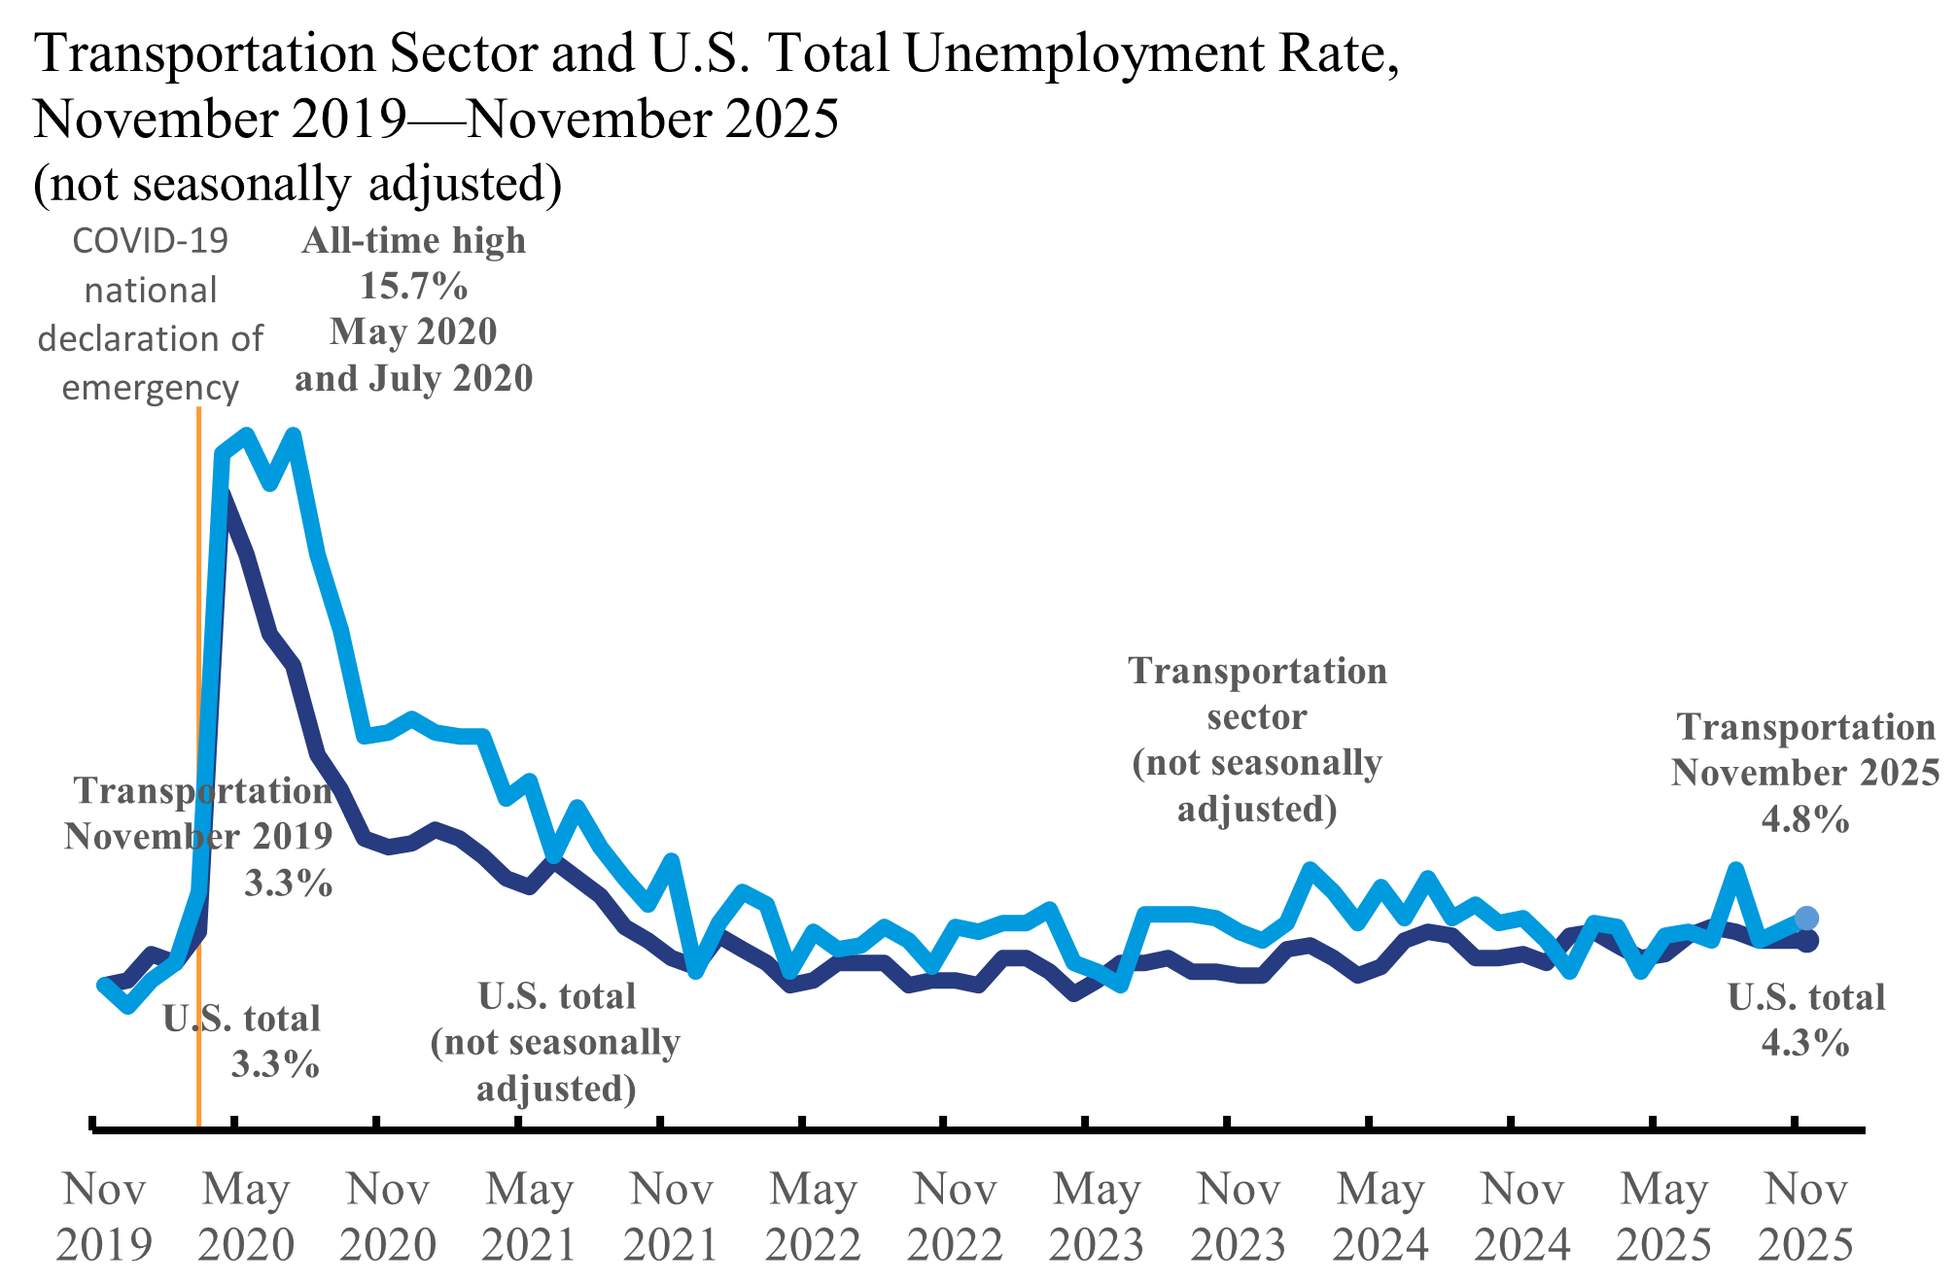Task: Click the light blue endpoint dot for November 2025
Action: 1806,918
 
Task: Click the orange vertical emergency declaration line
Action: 198,680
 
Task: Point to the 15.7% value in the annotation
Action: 414,286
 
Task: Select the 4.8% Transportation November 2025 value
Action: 1805,819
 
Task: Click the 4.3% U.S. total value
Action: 1805,1043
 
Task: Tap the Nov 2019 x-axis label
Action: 104,1216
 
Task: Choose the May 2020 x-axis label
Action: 246,1216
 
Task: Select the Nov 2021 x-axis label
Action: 672,1216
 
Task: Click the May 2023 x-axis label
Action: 1097,1216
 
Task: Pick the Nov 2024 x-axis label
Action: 1522,1216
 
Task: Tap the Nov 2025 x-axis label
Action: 1805,1216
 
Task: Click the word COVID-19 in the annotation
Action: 151,241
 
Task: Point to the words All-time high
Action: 414,240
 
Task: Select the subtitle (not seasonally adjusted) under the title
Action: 297,183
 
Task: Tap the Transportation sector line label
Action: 1257,739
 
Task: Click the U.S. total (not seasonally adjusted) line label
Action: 556,1042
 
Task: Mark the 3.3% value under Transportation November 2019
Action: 288,884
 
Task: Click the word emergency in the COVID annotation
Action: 151,388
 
